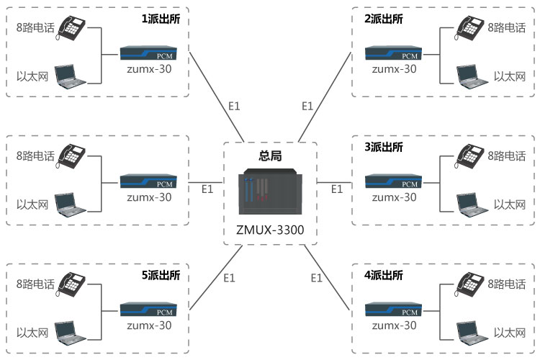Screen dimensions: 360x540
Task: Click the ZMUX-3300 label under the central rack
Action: click(269, 232)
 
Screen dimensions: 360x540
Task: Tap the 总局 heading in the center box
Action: click(269, 155)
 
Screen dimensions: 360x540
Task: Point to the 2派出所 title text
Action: click(384, 19)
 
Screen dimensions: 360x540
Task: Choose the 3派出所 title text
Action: click(384, 146)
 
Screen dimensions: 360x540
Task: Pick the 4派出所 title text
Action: click(384, 274)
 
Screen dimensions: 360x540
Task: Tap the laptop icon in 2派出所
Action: click(468, 75)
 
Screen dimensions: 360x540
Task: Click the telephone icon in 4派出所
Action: click(468, 283)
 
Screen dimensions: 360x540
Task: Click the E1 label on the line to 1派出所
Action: click(234, 106)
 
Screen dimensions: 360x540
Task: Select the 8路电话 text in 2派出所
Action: click(506, 28)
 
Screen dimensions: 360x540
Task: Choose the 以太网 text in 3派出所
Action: click(509, 204)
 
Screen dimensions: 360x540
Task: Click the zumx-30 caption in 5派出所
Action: click(149, 325)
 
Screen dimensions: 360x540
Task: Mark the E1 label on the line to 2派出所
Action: click(307, 106)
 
